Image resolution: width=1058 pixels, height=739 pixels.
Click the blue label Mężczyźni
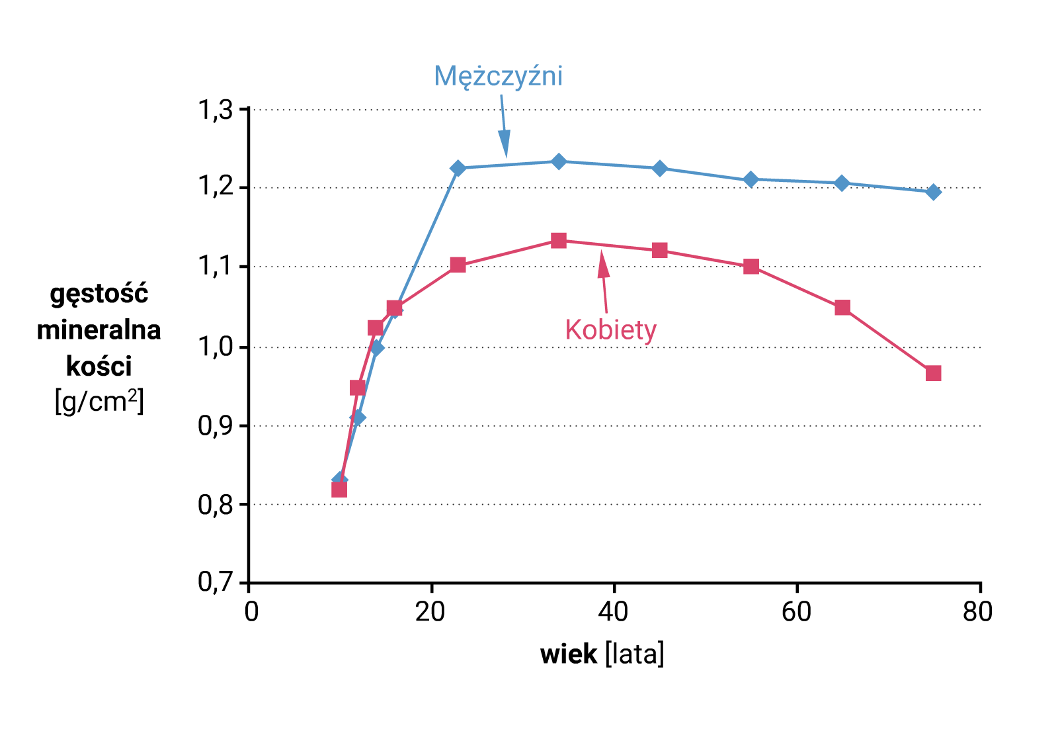pyautogui.click(x=498, y=77)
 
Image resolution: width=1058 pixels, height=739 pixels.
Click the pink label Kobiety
pyautogui.click(x=610, y=330)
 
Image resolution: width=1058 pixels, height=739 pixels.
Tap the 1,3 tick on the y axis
pyautogui.click(x=216, y=110)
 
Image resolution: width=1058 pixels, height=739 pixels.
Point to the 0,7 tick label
pyautogui.click(x=216, y=582)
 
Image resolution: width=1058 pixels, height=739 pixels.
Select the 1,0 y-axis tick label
pyautogui.click(x=216, y=346)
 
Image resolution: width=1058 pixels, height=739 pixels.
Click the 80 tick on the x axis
pyautogui.click(x=977, y=612)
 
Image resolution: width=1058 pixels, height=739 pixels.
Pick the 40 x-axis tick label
pyautogui.click(x=613, y=612)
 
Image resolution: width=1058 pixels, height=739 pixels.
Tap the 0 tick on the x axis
pyautogui.click(x=251, y=612)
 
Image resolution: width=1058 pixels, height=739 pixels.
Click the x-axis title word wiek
pyautogui.click(x=568, y=654)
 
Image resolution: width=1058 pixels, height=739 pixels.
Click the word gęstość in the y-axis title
pyautogui.click(x=99, y=294)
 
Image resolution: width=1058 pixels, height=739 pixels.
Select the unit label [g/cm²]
pyautogui.click(x=99, y=402)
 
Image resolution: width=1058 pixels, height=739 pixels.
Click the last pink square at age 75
pyautogui.click(x=933, y=373)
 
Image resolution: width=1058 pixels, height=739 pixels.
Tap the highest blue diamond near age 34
pyautogui.click(x=559, y=161)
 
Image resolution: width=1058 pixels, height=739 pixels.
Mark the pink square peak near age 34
pyautogui.click(x=559, y=240)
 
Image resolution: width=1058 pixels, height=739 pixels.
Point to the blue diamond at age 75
pyautogui.click(x=933, y=192)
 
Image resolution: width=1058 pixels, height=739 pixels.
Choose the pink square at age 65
pyautogui.click(x=842, y=308)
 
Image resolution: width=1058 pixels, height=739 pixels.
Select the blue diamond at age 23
pyautogui.click(x=458, y=168)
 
